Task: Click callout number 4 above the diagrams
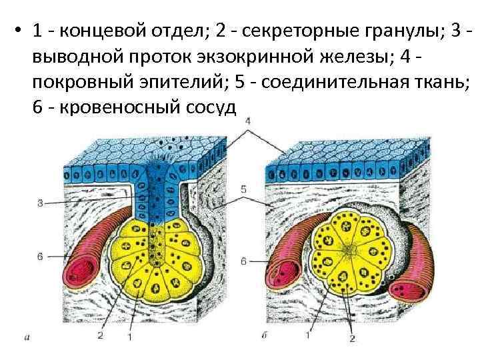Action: [247, 121]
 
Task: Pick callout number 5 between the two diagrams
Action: [244, 190]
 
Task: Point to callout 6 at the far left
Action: [40, 255]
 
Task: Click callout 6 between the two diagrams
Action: [243, 261]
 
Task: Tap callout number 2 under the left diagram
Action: [100, 335]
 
